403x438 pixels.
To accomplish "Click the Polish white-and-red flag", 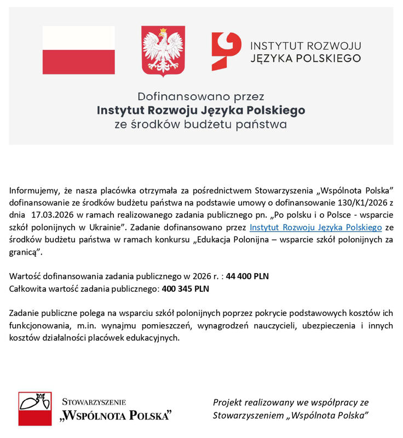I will click(79, 50).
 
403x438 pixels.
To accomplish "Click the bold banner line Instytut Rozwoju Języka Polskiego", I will click(201, 110).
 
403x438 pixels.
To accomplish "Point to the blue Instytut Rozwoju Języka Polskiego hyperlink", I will click(315, 226).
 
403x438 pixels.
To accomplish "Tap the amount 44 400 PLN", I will click(247, 276).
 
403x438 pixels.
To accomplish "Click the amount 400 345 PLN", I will click(186, 288).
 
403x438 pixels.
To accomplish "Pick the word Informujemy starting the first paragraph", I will click(33, 191).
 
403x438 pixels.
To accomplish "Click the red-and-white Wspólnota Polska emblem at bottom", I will click(35, 408).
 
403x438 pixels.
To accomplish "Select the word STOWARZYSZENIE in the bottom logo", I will click(94, 401).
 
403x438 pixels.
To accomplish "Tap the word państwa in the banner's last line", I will click(261, 125).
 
